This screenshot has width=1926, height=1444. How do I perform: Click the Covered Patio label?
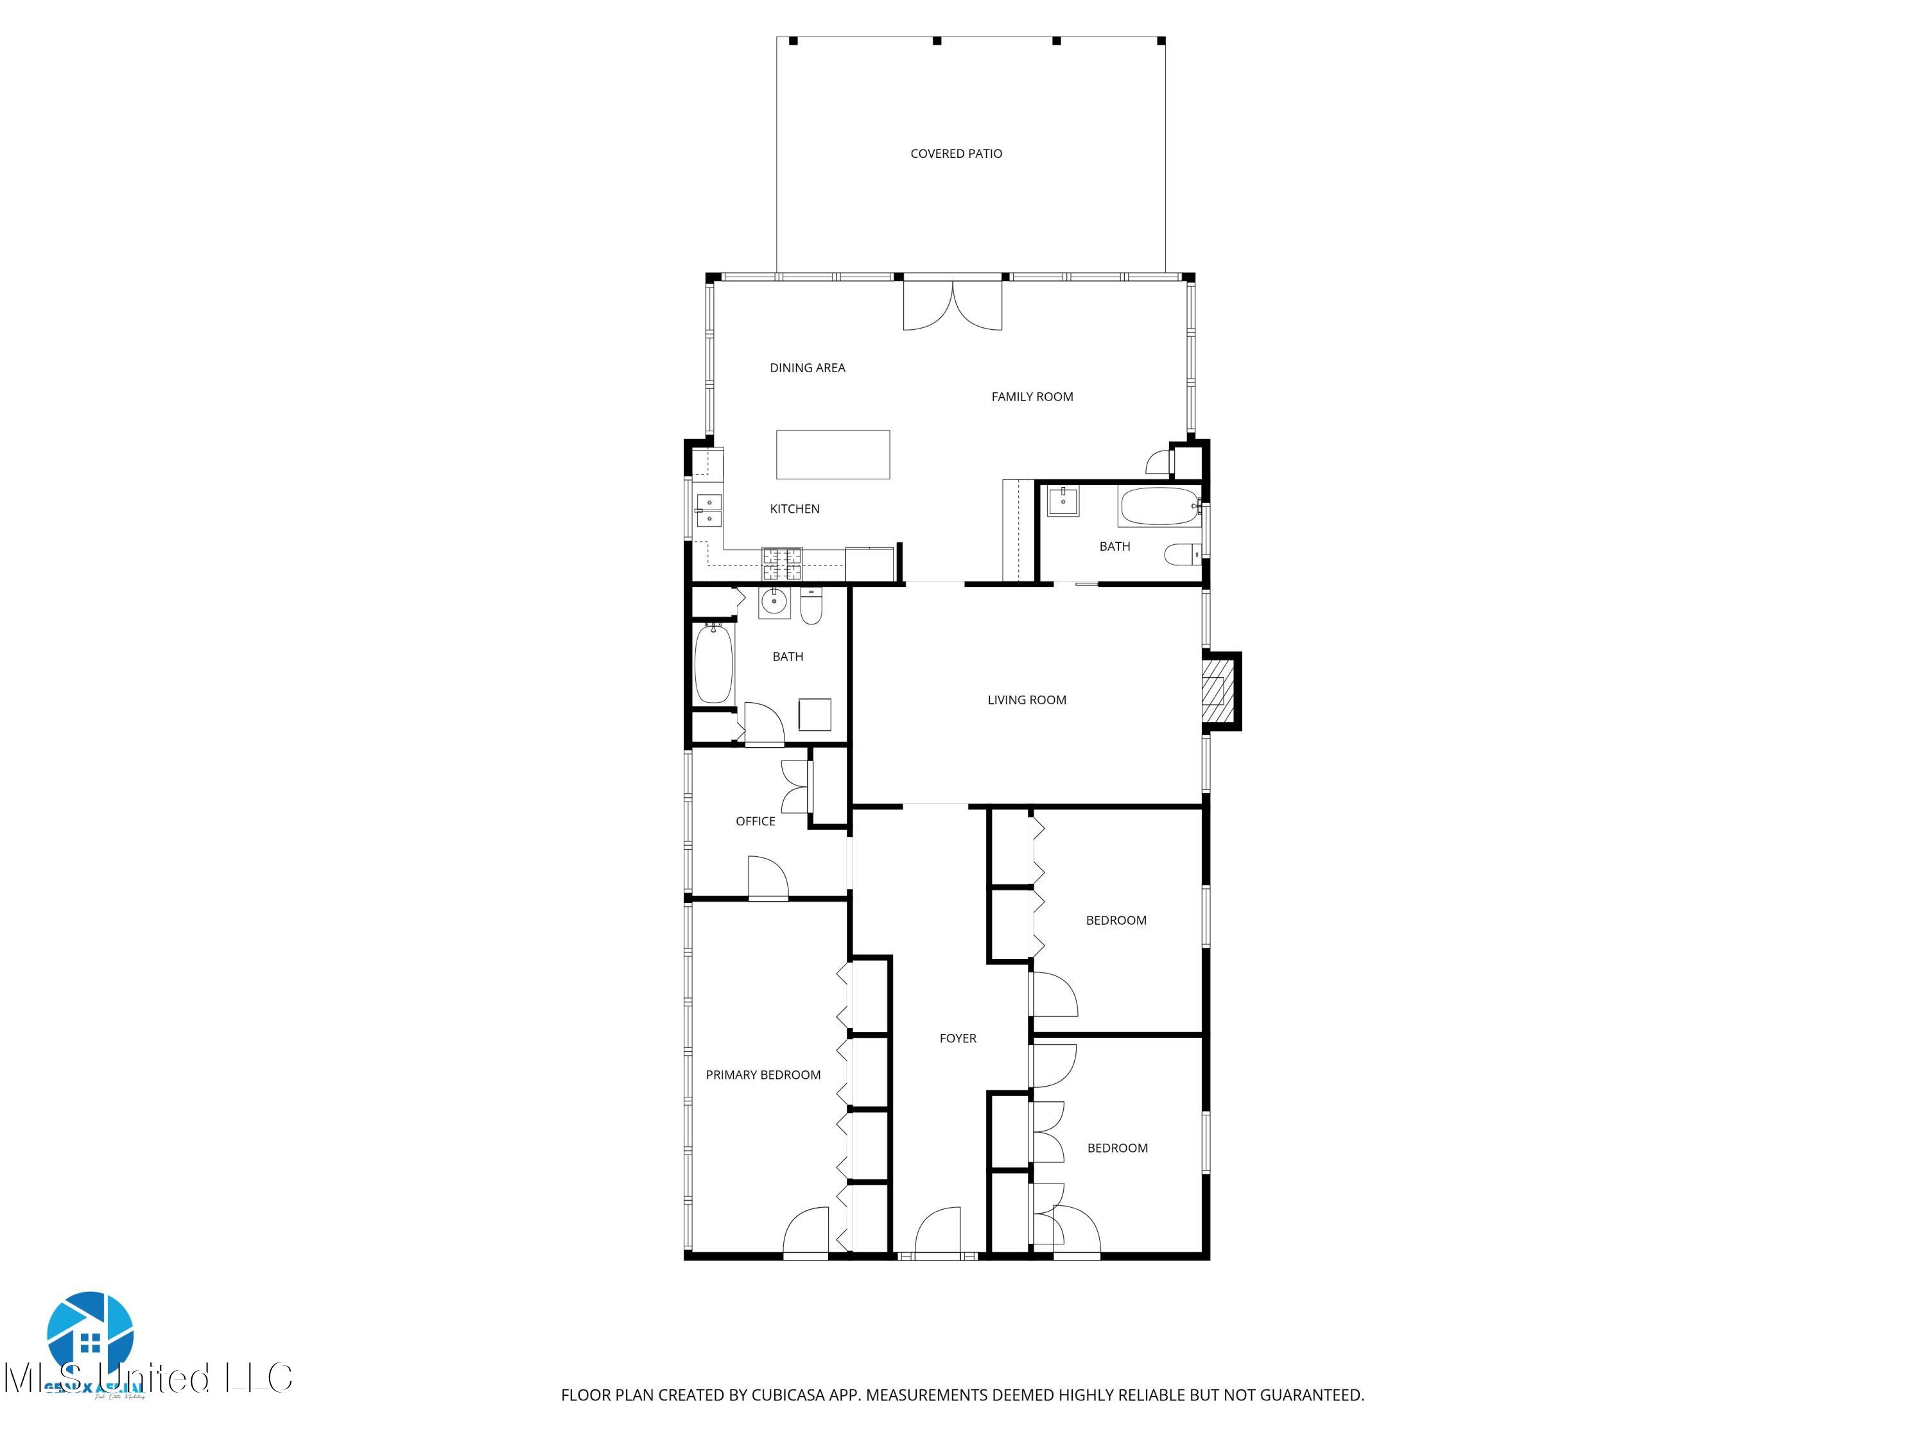pos(955,154)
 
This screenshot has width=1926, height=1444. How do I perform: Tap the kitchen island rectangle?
pos(833,454)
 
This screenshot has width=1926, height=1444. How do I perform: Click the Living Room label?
pos(1026,700)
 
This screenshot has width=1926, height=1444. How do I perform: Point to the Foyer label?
pos(957,1038)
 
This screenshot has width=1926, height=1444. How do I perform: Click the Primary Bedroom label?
pos(763,1075)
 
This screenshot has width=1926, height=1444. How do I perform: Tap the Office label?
pos(755,821)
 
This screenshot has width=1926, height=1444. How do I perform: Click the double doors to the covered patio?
pos(953,305)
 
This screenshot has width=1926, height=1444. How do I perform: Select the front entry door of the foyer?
pos(938,1232)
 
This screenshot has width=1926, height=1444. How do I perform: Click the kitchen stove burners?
pos(782,563)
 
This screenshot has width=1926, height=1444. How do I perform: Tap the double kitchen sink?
pos(708,510)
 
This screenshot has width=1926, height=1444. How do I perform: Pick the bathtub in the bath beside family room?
pos(1158,506)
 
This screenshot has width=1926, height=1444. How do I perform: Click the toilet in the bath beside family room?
pos(1181,554)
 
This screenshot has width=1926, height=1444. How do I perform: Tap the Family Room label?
pos(1032,397)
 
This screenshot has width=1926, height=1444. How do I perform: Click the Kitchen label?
pos(794,509)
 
